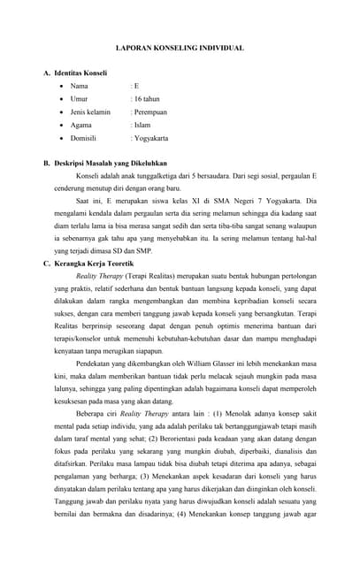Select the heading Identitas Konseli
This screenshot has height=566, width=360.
80,73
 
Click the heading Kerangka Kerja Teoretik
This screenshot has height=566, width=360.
94,264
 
